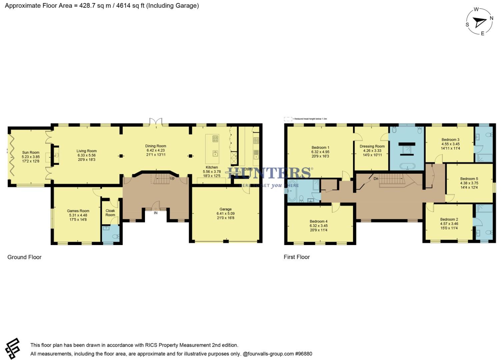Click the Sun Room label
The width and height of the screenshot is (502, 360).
(31, 152)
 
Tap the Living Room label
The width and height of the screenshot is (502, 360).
(86, 151)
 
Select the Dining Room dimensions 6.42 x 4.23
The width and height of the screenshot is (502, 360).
(156, 150)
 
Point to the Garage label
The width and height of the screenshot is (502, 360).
(225, 209)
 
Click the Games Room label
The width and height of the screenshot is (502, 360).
(78, 211)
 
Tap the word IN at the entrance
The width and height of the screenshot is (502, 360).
(156, 213)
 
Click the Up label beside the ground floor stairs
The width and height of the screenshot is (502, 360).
(172, 178)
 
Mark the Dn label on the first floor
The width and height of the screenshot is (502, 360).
(376, 179)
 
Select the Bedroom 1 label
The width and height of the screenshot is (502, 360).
(320, 148)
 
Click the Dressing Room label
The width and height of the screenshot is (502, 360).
(372, 146)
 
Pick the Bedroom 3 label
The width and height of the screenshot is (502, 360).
(450, 140)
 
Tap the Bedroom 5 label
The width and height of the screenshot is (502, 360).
(469, 179)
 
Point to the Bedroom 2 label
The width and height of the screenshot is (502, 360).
(449, 219)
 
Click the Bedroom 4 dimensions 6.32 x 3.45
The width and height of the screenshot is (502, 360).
(319, 226)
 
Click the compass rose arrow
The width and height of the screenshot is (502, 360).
(480, 22)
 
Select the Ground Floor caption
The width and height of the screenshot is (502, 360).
(24, 257)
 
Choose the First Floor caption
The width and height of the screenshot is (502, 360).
(297, 257)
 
